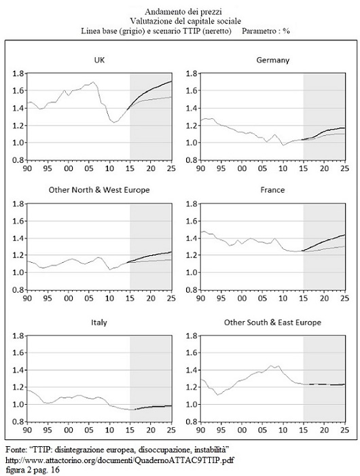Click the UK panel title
coord(99,60)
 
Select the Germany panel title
coord(272,60)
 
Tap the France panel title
coord(272,190)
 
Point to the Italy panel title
coord(99,322)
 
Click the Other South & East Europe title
coord(272,323)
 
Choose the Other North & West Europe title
coord(99,190)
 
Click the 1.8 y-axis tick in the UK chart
coord(18,73)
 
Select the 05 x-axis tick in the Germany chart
coord(262,168)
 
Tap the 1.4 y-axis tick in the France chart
coord(192,238)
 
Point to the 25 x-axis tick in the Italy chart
coord(171,430)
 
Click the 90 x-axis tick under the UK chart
coord(27,168)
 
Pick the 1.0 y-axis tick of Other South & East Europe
coord(192,404)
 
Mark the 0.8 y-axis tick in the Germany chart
coord(192,160)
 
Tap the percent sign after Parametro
coord(286,31)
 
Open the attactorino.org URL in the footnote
coord(120,460)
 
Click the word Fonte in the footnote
coord(14,449)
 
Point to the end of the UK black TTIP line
coord(172,81)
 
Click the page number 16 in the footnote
coord(56,471)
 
